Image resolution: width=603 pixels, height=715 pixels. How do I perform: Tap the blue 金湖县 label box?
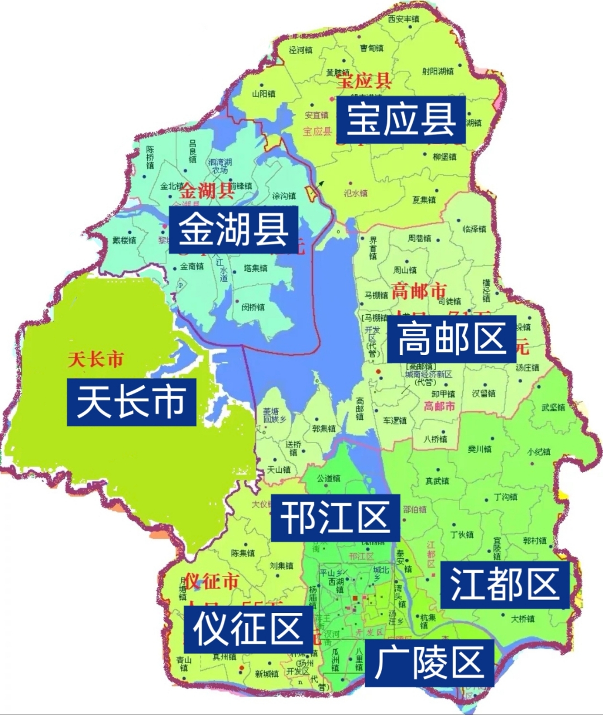233,229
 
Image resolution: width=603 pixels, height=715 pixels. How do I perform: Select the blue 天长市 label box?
131,402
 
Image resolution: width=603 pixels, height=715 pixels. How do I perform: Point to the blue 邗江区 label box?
335,517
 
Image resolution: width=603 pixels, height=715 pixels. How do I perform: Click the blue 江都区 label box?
505,584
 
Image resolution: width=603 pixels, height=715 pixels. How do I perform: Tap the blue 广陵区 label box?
429,663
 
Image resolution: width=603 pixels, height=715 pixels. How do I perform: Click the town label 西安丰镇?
403,20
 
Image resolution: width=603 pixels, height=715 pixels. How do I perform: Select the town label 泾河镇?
301,50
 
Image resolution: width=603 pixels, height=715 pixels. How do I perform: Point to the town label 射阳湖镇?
438,71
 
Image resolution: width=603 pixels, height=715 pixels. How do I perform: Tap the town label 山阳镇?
264,94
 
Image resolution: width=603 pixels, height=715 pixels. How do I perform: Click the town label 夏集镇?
424,200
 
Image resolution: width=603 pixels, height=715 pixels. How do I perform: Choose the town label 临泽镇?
475,229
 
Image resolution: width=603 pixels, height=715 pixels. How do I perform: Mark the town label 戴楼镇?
124,240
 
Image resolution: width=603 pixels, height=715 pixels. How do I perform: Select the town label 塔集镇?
256,268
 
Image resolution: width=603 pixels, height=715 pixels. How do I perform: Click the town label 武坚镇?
553,407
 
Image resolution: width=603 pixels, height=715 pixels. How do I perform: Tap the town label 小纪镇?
538,452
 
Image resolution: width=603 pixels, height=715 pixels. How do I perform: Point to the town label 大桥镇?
523,618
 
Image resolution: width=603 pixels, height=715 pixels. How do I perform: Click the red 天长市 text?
95,359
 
